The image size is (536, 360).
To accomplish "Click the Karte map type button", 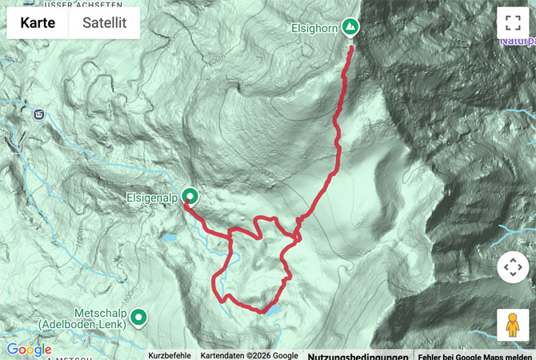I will [38, 23].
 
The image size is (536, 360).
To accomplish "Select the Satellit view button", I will [104, 23].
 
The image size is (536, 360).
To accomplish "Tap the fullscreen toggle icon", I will [512, 23].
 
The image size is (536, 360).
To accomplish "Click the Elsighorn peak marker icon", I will [350, 28].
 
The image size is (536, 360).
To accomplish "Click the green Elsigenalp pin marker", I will [190, 196].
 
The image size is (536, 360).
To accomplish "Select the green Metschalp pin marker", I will [139, 318].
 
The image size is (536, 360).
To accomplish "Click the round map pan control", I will [512, 267].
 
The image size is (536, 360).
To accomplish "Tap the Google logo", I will [29, 350].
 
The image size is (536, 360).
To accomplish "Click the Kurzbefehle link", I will [170, 355].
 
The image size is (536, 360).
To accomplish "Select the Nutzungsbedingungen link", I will [358, 356].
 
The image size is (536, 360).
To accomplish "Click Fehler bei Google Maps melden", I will [475, 356].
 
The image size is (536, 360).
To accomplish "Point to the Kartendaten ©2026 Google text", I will [249, 355].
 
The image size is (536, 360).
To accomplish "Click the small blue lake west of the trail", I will [169, 238].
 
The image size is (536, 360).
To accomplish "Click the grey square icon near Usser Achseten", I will [38, 114].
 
